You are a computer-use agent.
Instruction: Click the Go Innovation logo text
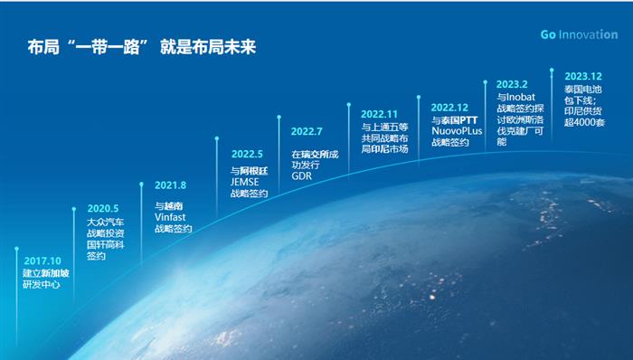(579, 34)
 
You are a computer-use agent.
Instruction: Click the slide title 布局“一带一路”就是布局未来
(142, 47)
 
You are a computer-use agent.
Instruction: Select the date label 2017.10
(41, 260)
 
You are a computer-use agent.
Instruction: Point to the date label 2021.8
(171, 185)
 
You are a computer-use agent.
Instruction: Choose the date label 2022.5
(248, 154)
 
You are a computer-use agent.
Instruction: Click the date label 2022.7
(307, 131)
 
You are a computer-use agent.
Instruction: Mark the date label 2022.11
(379, 114)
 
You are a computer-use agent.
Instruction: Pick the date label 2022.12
(449, 107)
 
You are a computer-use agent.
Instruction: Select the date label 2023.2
(513, 83)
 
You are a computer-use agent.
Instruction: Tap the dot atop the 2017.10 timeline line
(15, 247)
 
